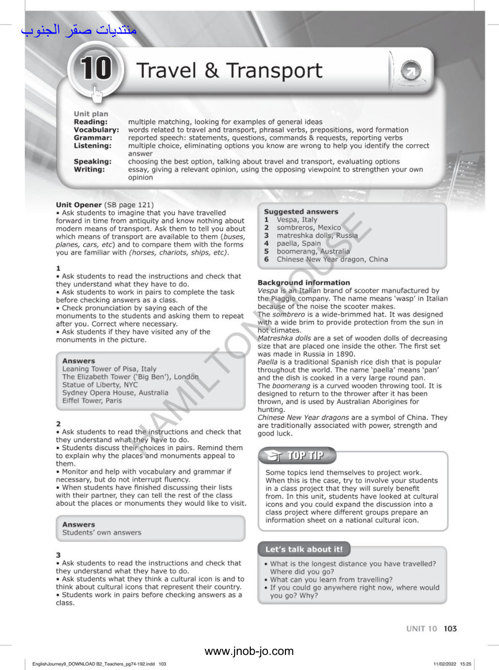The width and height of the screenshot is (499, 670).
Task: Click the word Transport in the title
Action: (x=274, y=71)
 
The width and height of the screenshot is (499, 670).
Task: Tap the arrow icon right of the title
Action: (x=411, y=72)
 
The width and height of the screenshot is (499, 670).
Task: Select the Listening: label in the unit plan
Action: (x=92, y=146)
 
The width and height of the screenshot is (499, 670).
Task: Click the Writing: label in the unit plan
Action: (x=89, y=169)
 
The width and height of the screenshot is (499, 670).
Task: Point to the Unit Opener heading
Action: (x=79, y=205)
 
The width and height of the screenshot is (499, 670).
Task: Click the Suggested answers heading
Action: (x=301, y=212)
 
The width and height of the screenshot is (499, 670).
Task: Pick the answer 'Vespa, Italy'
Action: (x=297, y=220)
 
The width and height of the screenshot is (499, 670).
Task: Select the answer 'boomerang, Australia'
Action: (x=313, y=251)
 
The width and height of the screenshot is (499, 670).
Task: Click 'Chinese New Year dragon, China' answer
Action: (x=332, y=259)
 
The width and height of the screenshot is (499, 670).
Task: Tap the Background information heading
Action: (x=304, y=282)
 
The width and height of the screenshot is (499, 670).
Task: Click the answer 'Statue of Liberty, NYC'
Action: (x=99, y=385)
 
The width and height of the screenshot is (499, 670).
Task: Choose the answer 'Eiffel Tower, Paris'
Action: (x=92, y=401)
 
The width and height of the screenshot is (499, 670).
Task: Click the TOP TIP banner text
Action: (x=305, y=455)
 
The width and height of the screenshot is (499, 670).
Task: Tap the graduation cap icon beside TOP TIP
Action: (x=274, y=456)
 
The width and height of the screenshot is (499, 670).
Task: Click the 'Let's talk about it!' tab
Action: (x=304, y=549)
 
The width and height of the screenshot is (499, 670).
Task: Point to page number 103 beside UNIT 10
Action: (x=450, y=628)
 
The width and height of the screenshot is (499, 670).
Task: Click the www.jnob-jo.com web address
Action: (x=249, y=651)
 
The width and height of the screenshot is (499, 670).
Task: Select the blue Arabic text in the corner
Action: (x=79, y=30)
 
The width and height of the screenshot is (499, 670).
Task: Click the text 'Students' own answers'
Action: (x=102, y=532)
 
